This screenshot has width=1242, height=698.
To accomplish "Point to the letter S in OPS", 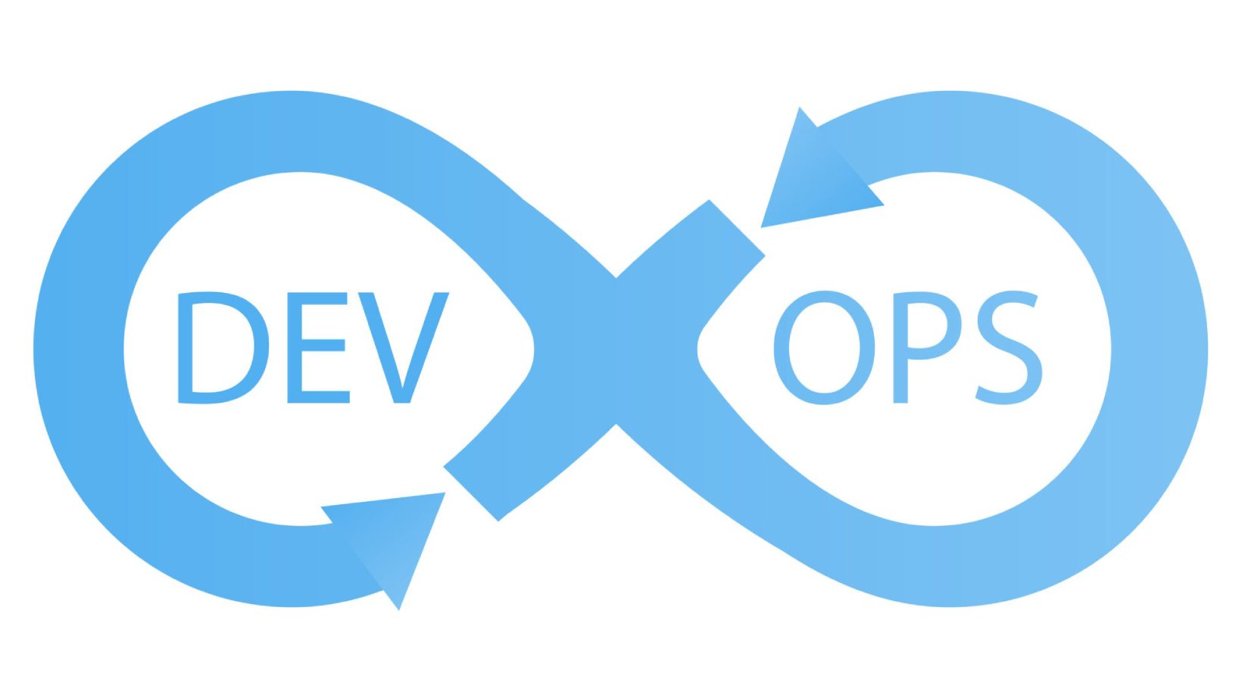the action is (1008, 348).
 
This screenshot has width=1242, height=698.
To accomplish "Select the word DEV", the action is (313, 348).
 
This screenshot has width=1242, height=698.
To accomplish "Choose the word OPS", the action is (908, 347).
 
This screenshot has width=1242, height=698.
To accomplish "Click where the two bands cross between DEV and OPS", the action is (616, 351).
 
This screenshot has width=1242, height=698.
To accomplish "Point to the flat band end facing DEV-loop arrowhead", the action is (471, 494).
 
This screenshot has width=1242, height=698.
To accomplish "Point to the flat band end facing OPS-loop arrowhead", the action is (737, 228).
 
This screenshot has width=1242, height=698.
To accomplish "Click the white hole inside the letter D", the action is (223, 348).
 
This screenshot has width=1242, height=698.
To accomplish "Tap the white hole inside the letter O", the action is (824, 347).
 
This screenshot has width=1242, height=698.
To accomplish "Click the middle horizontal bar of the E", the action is (323, 344).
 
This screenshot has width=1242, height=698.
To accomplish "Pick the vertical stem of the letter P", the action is (900, 348).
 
